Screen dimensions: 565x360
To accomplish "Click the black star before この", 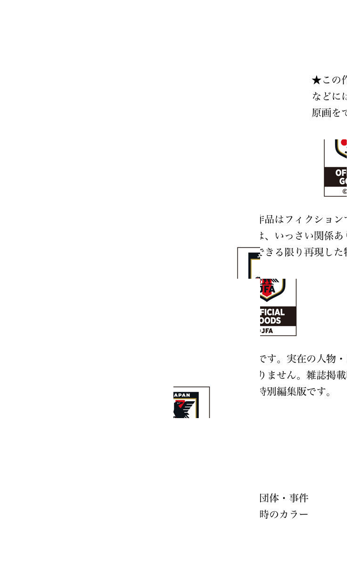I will [x=316, y=80].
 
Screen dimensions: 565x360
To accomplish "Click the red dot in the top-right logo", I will [x=344, y=142].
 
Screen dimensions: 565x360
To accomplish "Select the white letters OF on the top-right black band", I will [x=341, y=173].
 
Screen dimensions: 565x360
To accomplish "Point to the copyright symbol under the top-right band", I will [x=344, y=192].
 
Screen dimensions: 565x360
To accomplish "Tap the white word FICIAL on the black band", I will [x=272, y=312].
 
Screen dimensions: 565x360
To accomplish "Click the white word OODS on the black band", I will [x=270, y=321].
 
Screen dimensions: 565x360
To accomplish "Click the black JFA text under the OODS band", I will [x=267, y=331].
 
